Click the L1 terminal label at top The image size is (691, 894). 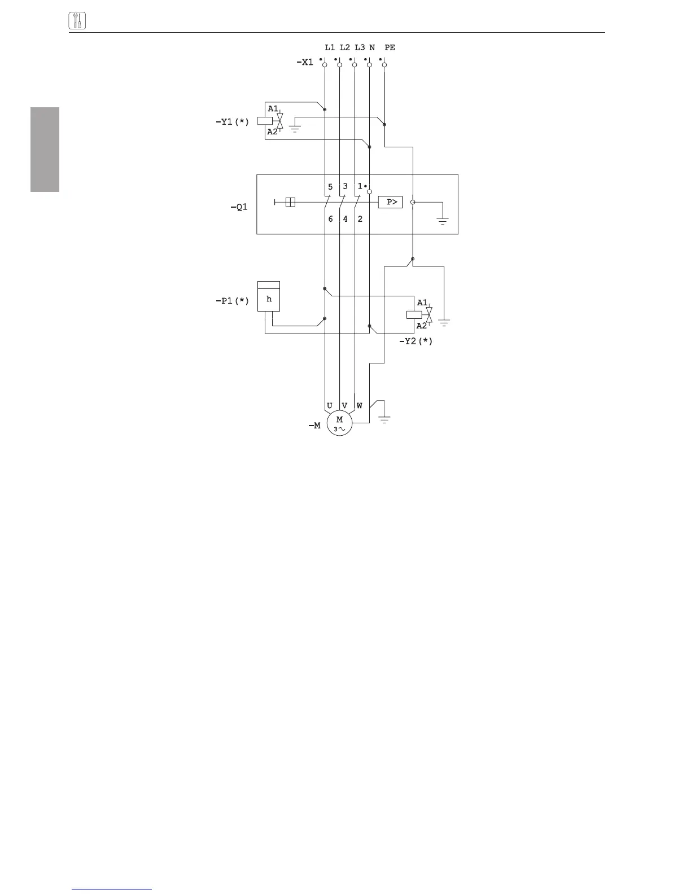click(x=330, y=48)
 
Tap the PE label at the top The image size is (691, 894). click(x=390, y=48)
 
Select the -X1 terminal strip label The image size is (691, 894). click(x=304, y=62)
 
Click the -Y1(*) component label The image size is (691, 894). click(x=232, y=121)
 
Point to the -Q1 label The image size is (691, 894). click(x=239, y=207)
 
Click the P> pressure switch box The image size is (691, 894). click(x=390, y=202)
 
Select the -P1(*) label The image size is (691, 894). click(x=232, y=301)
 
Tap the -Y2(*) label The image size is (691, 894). click(x=416, y=341)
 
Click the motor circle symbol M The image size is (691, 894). click(x=339, y=423)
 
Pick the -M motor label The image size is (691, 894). click(x=314, y=426)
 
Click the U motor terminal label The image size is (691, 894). click(x=330, y=406)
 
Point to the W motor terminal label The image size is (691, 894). click(x=360, y=406)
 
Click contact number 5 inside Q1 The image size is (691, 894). click(x=330, y=187)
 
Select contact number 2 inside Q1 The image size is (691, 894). click(x=360, y=219)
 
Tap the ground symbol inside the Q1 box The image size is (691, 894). click(x=443, y=221)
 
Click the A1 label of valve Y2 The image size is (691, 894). click(x=422, y=303)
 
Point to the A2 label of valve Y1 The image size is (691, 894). click(x=273, y=132)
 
